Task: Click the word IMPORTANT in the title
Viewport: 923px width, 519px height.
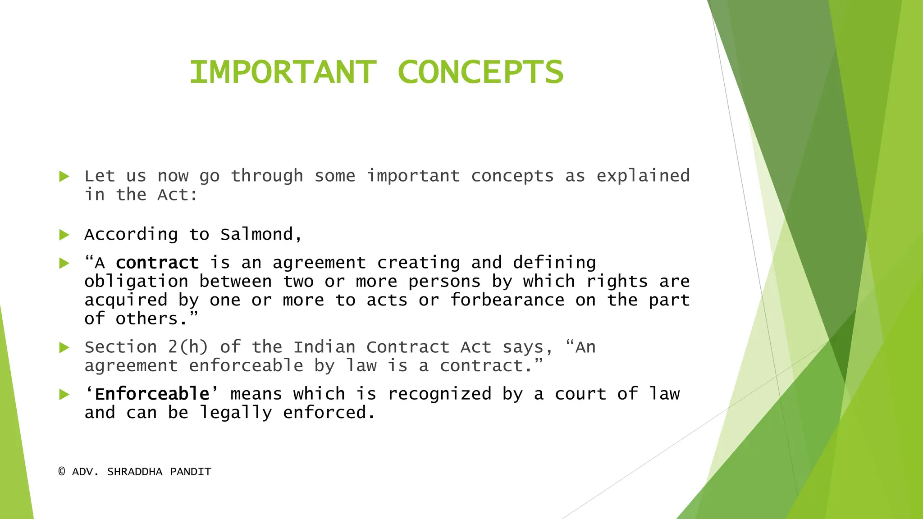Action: click(x=283, y=72)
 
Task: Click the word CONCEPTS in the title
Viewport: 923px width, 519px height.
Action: click(x=480, y=72)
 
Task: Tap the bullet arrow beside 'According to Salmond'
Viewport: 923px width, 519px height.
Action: click(x=64, y=235)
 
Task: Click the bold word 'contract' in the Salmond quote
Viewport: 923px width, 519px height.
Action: click(x=157, y=263)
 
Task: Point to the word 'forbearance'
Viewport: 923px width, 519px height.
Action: click(x=507, y=300)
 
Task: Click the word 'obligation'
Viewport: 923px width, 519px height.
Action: click(x=136, y=282)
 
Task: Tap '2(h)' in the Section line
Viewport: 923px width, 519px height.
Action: click(x=188, y=347)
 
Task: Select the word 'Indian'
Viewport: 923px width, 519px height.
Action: click(x=324, y=347)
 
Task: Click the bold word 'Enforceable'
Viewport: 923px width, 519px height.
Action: click(x=152, y=394)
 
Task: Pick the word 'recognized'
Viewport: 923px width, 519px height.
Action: click(x=439, y=394)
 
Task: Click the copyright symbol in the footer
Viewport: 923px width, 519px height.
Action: click(x=62, y=472)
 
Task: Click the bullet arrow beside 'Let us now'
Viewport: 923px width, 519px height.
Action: click(x=64, y=176)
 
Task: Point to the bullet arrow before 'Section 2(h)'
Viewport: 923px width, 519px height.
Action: click(x=64, y=347)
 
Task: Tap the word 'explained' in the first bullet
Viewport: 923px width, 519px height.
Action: click(x=643, y=176)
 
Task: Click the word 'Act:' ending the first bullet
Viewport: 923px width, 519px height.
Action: click(x=177, y=195)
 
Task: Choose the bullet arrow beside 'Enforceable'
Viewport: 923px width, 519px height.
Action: click(x=64, y=395)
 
